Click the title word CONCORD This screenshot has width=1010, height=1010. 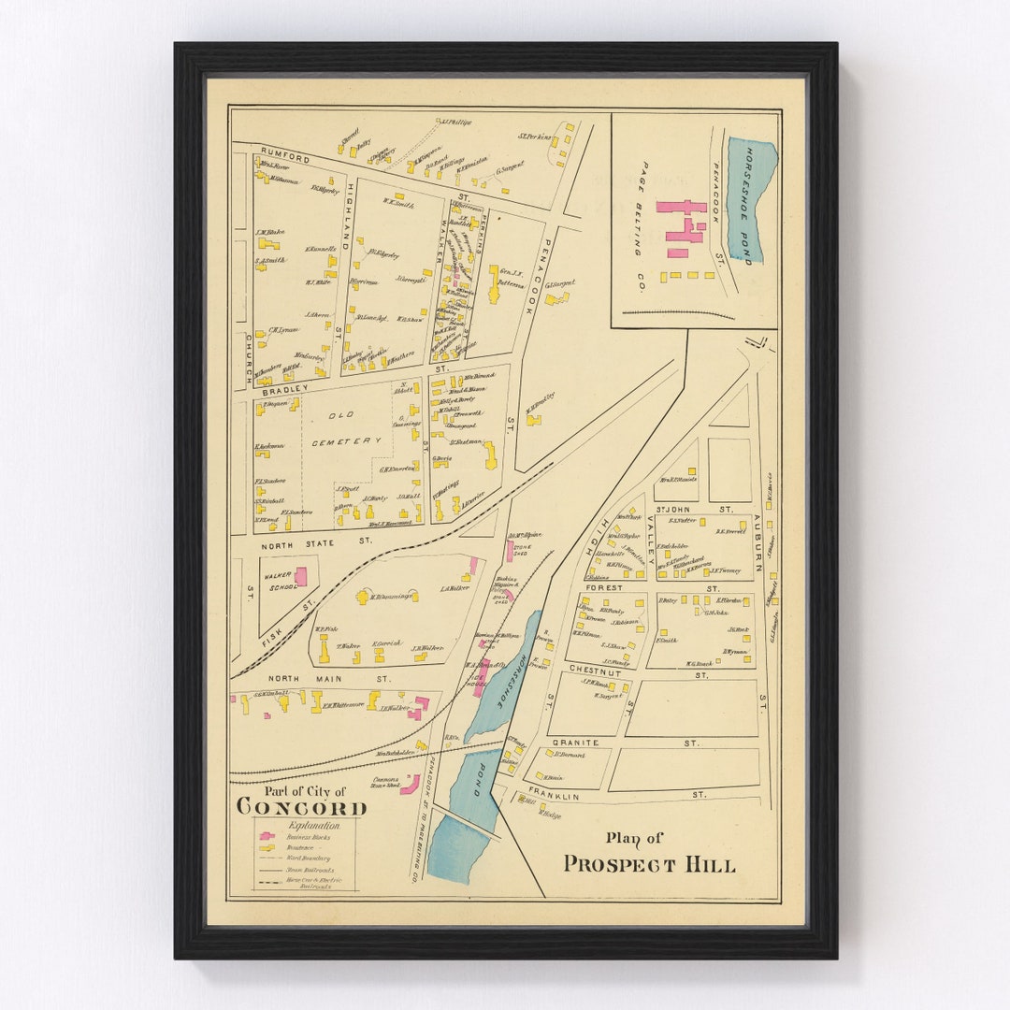(301, 806)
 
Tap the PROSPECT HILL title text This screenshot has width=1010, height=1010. (649, 864)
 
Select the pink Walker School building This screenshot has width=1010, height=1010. (300, 576)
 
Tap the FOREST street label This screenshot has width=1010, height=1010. (606, 588)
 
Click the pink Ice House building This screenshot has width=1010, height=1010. (481, 679)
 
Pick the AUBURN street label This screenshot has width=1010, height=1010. (757, 541)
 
